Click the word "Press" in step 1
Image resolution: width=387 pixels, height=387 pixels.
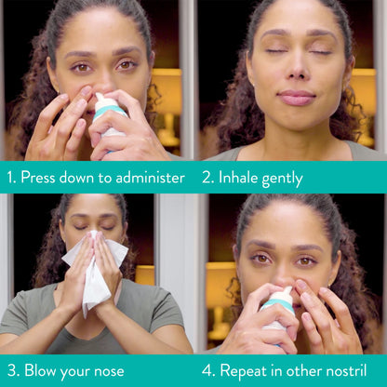[40, 177]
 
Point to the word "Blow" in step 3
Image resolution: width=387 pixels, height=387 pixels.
[40, 370]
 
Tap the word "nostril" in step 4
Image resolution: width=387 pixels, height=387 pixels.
[355, 370]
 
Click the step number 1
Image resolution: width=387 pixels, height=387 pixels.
[10, 177]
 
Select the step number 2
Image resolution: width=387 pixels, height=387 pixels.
[207, 177]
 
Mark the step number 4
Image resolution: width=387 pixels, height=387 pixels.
[208, 370]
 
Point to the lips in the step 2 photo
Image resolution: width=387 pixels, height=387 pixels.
[297, 97]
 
